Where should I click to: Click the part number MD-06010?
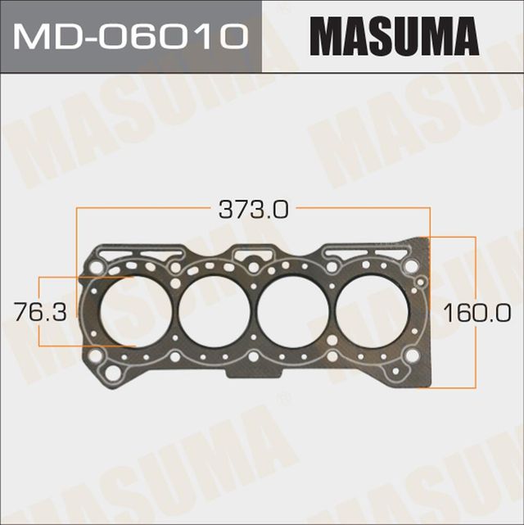click(x=130, y=36)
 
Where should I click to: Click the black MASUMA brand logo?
click(x=393, y=36)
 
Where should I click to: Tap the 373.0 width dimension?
click(x=252, y=210)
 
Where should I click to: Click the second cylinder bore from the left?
click(x=217, y=310)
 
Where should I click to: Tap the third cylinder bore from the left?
click(x=296, y=310)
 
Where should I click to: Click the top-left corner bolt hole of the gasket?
click(x=97, y=267)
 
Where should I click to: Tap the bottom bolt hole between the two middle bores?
click(x=255, y=357)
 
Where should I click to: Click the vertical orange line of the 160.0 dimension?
click(x=475, y=270)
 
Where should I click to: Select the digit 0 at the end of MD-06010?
click(x=234, y=36)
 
